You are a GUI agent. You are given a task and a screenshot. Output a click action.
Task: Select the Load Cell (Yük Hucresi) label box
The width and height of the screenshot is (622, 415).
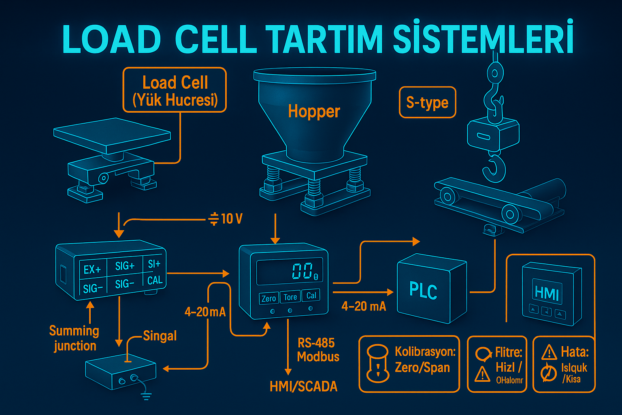[x=175, y=90]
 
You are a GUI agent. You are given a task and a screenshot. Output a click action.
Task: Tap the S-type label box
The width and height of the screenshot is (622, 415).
[x=427, y=103]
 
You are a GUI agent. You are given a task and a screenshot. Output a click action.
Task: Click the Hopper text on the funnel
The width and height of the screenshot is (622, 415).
[x=314, y=111]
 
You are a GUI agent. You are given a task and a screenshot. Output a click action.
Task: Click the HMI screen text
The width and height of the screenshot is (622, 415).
[x=546, y=292]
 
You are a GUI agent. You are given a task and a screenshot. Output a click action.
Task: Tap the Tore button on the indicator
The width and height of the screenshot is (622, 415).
[x=290, y=297]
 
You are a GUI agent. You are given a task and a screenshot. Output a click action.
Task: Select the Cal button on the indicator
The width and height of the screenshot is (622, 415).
[x=311, y=295]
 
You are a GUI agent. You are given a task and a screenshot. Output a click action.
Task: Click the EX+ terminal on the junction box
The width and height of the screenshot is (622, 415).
[x=92, y=270]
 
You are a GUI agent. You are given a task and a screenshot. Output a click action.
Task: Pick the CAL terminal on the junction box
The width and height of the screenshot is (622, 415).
[x=155, y=280]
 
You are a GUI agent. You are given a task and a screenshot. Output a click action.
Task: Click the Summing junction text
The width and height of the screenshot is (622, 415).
[x=74, y=338]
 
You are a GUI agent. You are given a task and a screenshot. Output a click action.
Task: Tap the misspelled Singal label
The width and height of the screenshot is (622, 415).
[x=160, y=336]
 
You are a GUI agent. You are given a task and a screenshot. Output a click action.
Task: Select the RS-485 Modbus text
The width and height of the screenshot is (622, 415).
[x=317, y=350]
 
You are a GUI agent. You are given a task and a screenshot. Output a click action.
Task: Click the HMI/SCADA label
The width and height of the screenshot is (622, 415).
[x=303, y=387]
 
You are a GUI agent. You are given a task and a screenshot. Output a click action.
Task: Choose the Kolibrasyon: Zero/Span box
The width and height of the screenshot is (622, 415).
[x=409, y=364]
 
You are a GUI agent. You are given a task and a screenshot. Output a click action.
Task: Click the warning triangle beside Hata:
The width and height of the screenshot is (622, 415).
[x=549, y=353]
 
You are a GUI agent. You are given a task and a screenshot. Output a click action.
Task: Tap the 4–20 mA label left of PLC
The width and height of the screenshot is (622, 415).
[x=364, y=306]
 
